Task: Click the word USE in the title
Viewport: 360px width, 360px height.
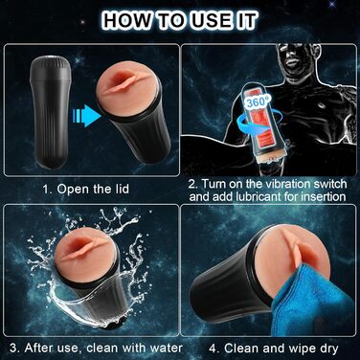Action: (209, 20)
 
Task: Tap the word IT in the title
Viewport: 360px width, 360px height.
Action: (246, 20)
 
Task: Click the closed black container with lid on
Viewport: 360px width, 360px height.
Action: (50, 112)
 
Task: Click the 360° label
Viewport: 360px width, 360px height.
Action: (259, 101)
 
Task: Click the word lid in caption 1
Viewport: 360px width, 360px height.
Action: (122, 189)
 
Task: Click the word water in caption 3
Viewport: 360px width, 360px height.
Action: (167, 348)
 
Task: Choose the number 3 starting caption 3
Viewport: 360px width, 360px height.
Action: (13, 348)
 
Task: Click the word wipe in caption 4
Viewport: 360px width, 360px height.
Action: (302, 349)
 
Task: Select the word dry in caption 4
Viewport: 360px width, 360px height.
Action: (328, 349)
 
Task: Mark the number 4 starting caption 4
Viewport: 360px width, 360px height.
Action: (213, 348)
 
